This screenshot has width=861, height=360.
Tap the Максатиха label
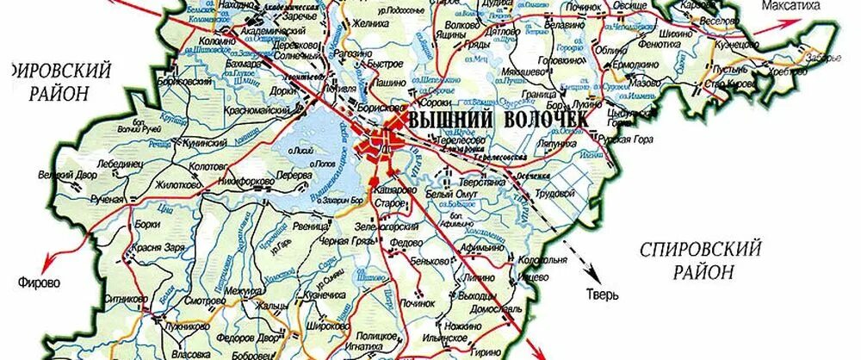click(x=801, y=8)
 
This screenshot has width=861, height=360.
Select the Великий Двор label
click(x=69, y=175)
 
